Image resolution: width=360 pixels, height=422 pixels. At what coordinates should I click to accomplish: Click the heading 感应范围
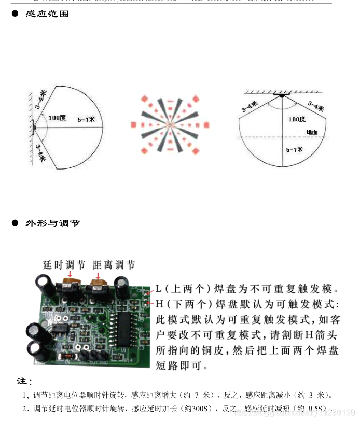pos(47,15)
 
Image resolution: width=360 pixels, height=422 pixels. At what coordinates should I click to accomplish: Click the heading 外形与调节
pos(52,223)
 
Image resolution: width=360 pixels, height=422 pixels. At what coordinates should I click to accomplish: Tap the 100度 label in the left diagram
pos(57,118)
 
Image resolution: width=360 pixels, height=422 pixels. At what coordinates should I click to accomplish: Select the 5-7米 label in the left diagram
pos(86,119)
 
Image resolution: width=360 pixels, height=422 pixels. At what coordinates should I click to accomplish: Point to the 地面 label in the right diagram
pos(312,132)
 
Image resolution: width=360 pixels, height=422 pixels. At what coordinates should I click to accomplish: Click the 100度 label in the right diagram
pos(297,119)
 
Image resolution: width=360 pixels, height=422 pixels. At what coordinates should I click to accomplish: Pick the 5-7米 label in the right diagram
pos(295,150)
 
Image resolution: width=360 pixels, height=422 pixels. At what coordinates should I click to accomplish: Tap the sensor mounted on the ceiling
pos(282,95)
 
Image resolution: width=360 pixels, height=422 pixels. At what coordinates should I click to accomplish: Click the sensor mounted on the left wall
pos(34,126)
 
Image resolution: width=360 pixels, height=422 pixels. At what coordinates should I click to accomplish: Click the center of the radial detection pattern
pos(170,125)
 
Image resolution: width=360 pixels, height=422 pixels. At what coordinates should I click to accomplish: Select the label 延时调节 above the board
pos(64,265)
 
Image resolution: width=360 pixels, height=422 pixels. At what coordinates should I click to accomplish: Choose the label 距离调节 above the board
pos(114,265)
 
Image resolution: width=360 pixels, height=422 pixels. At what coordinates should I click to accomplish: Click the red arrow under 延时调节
pos(70,274)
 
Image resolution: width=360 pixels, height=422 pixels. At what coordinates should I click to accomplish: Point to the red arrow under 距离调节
pos(98,274)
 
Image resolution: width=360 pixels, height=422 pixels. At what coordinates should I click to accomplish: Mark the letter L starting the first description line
pos(159,289)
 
